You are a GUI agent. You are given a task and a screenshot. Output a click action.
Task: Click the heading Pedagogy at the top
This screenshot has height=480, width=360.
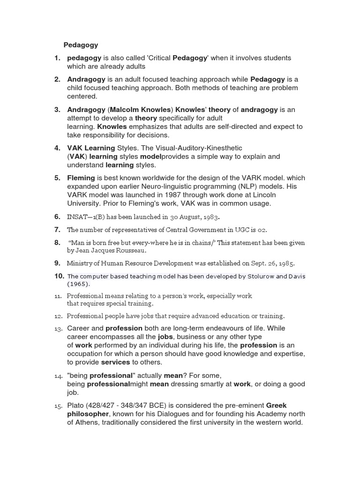pyautogui.click(x=81, y=45)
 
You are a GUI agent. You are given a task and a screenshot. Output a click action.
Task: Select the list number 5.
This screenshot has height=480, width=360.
pyautogui.click(x=57, y=178)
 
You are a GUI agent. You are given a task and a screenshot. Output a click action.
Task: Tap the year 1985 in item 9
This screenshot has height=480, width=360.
pyautogui.click(x=285, y=263)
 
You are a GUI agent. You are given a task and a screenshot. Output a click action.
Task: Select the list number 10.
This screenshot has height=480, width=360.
pyautogui.click(x=59, y=277)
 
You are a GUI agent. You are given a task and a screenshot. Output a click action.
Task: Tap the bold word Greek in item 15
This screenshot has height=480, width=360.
pyautogui.click(x=276, y=405)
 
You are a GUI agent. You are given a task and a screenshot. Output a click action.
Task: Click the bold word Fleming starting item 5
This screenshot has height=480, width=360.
pyautogui.click(x=81, y=178)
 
